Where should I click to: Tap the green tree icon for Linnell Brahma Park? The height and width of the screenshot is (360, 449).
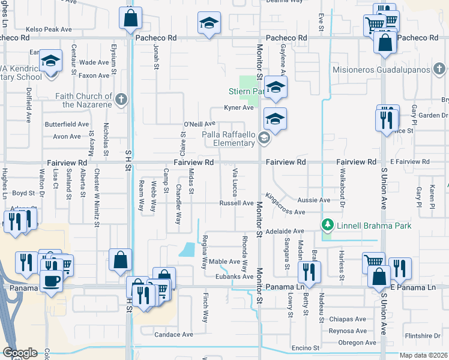click(x=328, y=226)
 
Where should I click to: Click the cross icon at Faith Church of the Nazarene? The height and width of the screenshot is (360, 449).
click(x=121, y=100)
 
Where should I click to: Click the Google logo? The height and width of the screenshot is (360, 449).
click(x=19, y=353)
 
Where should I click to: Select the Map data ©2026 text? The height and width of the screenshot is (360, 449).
click(x=424, y=355)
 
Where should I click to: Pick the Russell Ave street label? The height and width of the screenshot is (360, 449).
click(x=236, y=203)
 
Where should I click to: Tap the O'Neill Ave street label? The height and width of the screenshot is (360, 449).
click(x=199, y=124)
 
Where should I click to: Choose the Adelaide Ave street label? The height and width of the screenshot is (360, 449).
click(x=290, y=231)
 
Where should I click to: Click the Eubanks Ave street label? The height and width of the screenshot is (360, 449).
click(x=234, y=277)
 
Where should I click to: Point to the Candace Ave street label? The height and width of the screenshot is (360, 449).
click(x=174, y=334)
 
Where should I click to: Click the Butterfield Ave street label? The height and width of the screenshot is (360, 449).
click(x=67, y=124)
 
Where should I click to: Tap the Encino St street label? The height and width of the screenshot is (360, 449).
click(x=305, y=348)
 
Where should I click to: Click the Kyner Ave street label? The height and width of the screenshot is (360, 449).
click(x=238, y=108)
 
